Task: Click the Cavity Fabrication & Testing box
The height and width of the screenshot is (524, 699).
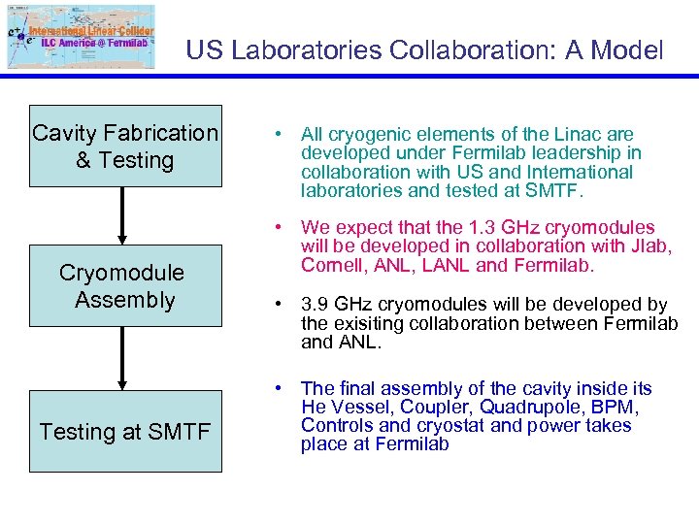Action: (125, 146)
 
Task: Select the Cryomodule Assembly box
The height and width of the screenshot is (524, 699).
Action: (125, 286)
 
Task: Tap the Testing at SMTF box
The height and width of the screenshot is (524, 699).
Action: (125, 432)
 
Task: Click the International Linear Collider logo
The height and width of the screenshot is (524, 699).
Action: (80, 38)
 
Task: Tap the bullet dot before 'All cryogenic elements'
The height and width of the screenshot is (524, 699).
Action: (278, 135)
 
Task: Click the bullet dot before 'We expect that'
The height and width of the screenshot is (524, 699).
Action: (278, 227)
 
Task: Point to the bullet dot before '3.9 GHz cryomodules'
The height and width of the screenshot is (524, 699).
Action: (278, 305)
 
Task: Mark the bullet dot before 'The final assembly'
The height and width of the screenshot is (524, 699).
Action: (278, 388)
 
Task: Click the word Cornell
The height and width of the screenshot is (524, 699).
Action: (330, 265)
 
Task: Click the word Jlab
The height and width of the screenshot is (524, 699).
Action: (649, 246)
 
